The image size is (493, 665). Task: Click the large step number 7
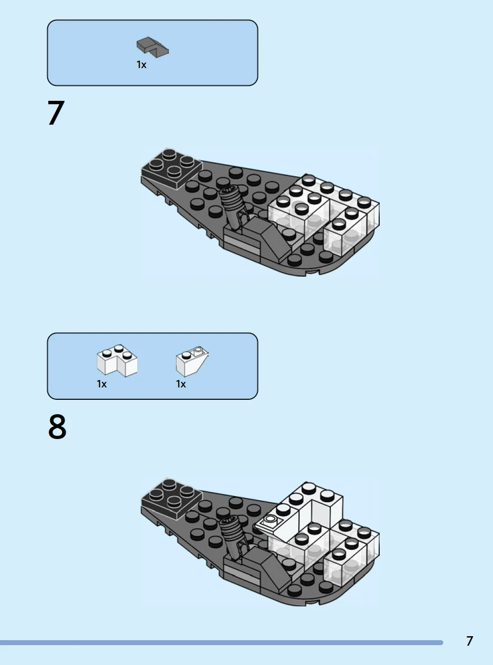pyautogui.click(x=56, y=113)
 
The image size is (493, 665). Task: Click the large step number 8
pyautogui.click(x=57, y=426)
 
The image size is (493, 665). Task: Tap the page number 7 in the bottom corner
pyautogui.click(x=470, y=641)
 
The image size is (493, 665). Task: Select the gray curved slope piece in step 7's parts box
pyautogui.click(x=153, y=47)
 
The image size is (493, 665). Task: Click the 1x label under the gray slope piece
pyautogui.click(x=141, y=65)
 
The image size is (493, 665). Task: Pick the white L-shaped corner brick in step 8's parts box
pyautogui.click(x=117, y=361)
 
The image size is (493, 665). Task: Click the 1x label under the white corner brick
pyautogui.click(x=101, y=384)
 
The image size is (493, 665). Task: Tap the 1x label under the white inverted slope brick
pyautogui.click(x=180, y=384)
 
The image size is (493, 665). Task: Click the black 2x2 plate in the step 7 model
pyautogui.click(x=171, y=168)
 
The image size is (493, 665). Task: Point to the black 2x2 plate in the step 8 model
pyautogui.click(x=171, y=497)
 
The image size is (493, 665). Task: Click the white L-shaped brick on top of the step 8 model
pyautogui.click(x=312, y=507)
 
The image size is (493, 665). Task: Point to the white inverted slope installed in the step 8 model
pyautogui.click(x=276, y=526)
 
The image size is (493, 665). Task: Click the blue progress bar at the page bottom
pyautogui.click(x=222, y=643)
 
